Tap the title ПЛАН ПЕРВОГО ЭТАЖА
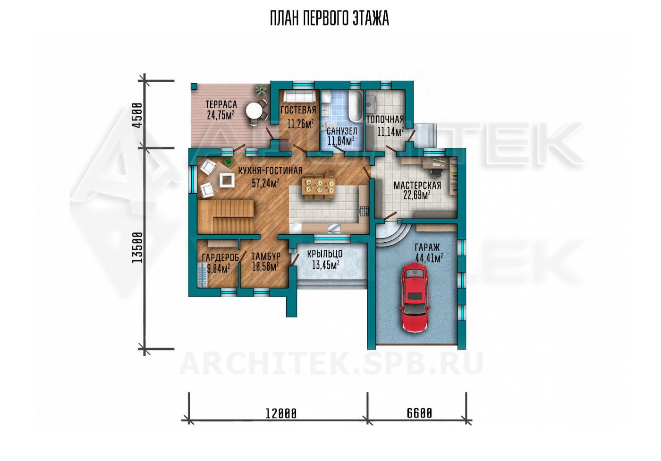(x=330, y=18)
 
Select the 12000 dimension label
(x=281, y=413)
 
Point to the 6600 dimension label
(x=419, y=413)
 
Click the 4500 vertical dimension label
(x=137, y=115)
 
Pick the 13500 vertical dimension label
(x=137, y=248)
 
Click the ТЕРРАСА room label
(x=221, y=104)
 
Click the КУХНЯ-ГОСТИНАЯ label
(x=270, y=171)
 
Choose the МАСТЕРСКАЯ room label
(x=417, y=185)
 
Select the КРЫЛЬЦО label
(x=325, y=254)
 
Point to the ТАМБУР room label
(x=266, y=256)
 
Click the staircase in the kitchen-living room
(x=226, y=217)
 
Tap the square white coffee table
(x=227, y=180)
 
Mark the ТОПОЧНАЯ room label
(x=385, y=120)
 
